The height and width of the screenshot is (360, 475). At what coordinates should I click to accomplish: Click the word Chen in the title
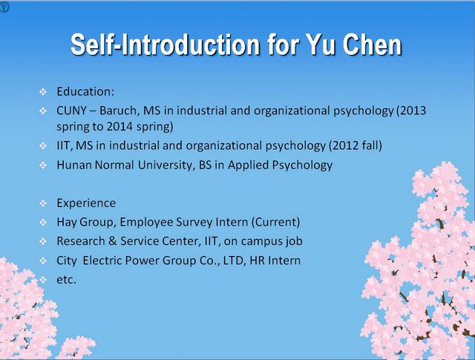pyautogui.click(x=373, y=45)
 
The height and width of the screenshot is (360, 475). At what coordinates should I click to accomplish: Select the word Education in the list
pyautogui.click(x=84, y=91)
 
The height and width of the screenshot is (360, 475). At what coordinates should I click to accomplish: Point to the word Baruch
pyautogui.click(x=119, y=111)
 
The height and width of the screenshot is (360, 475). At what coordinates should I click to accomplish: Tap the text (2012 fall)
pyautogui.click(x=356, y=145)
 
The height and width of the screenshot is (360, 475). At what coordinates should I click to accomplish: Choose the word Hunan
pyautogui.click(x=73, y=165)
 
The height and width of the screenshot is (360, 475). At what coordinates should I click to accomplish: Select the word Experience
pyautogui.click(x=86, y=203)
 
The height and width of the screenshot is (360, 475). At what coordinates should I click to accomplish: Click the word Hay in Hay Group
pyautogui.click(x=66, y=222)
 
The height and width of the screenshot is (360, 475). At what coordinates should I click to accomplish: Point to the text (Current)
pyautogui.click(x=275, y=222)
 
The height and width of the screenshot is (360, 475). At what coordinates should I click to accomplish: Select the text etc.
pyautogui.click(x=66, y=280)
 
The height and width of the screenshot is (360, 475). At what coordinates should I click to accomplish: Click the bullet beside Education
pyautogui.click(x=43, y=91)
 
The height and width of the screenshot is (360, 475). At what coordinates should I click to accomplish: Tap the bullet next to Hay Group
pyautogui.click(x=43, y=223)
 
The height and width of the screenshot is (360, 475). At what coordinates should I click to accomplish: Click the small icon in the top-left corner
pyautogui.click(x=4, y=7)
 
